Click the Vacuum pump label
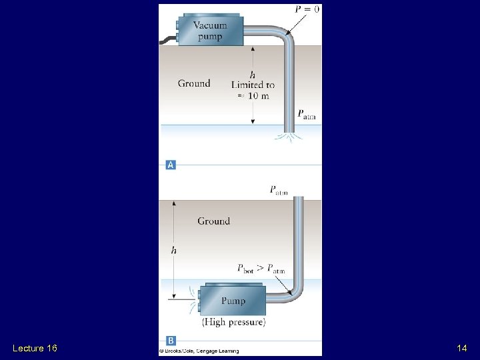coord(210,31)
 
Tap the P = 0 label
coord(307,9)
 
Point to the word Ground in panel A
coord(194,83)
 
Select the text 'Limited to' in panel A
coord(253,85)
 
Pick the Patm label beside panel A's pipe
coord(307,115)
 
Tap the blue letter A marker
coord(171,164)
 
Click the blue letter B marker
coord(171,341)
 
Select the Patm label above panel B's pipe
coord(279,191)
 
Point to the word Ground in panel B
coord(213,221)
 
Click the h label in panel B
coord(174,250)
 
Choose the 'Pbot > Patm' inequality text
coord(261,269)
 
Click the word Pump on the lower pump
coord(233,301)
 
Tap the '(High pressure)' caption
coord(233,322)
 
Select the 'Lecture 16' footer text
coord(35,348)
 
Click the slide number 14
coord(461,348)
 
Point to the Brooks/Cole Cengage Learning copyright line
coord(199,351)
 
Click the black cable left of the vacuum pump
coord(167,39)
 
